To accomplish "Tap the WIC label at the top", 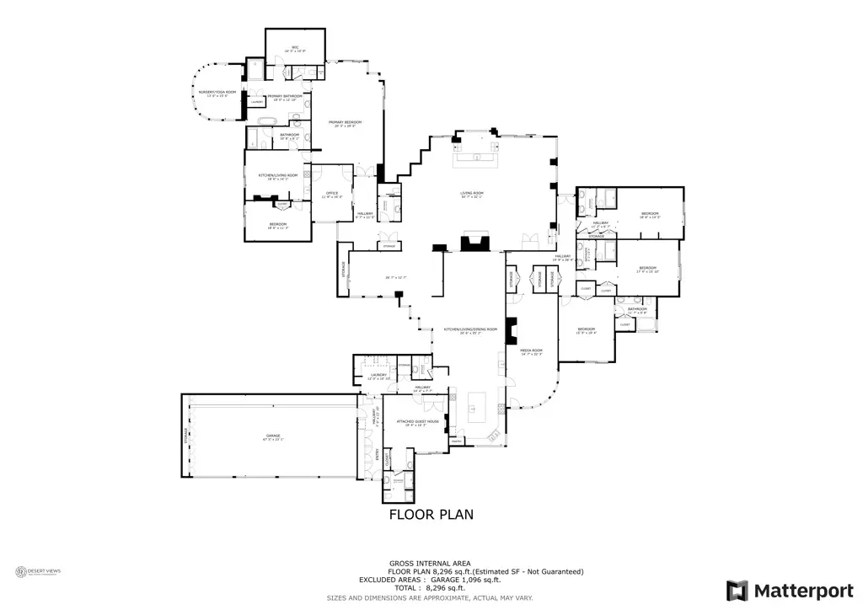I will tap(296, 49).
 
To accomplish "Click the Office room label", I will tap(332, 195).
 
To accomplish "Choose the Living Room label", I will tap(471, 195).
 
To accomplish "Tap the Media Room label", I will tap(531, 351).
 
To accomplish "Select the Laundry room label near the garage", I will tap(377, 377).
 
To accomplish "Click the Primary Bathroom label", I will tap(285, 98).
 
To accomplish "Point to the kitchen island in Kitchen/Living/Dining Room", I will tap(476, 409).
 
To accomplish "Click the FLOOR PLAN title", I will tap(431, 514).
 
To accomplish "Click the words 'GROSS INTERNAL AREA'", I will tap(430, 563).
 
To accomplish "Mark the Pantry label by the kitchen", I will tap(457, 440).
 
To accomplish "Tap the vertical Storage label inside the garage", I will tap(186, 436).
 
